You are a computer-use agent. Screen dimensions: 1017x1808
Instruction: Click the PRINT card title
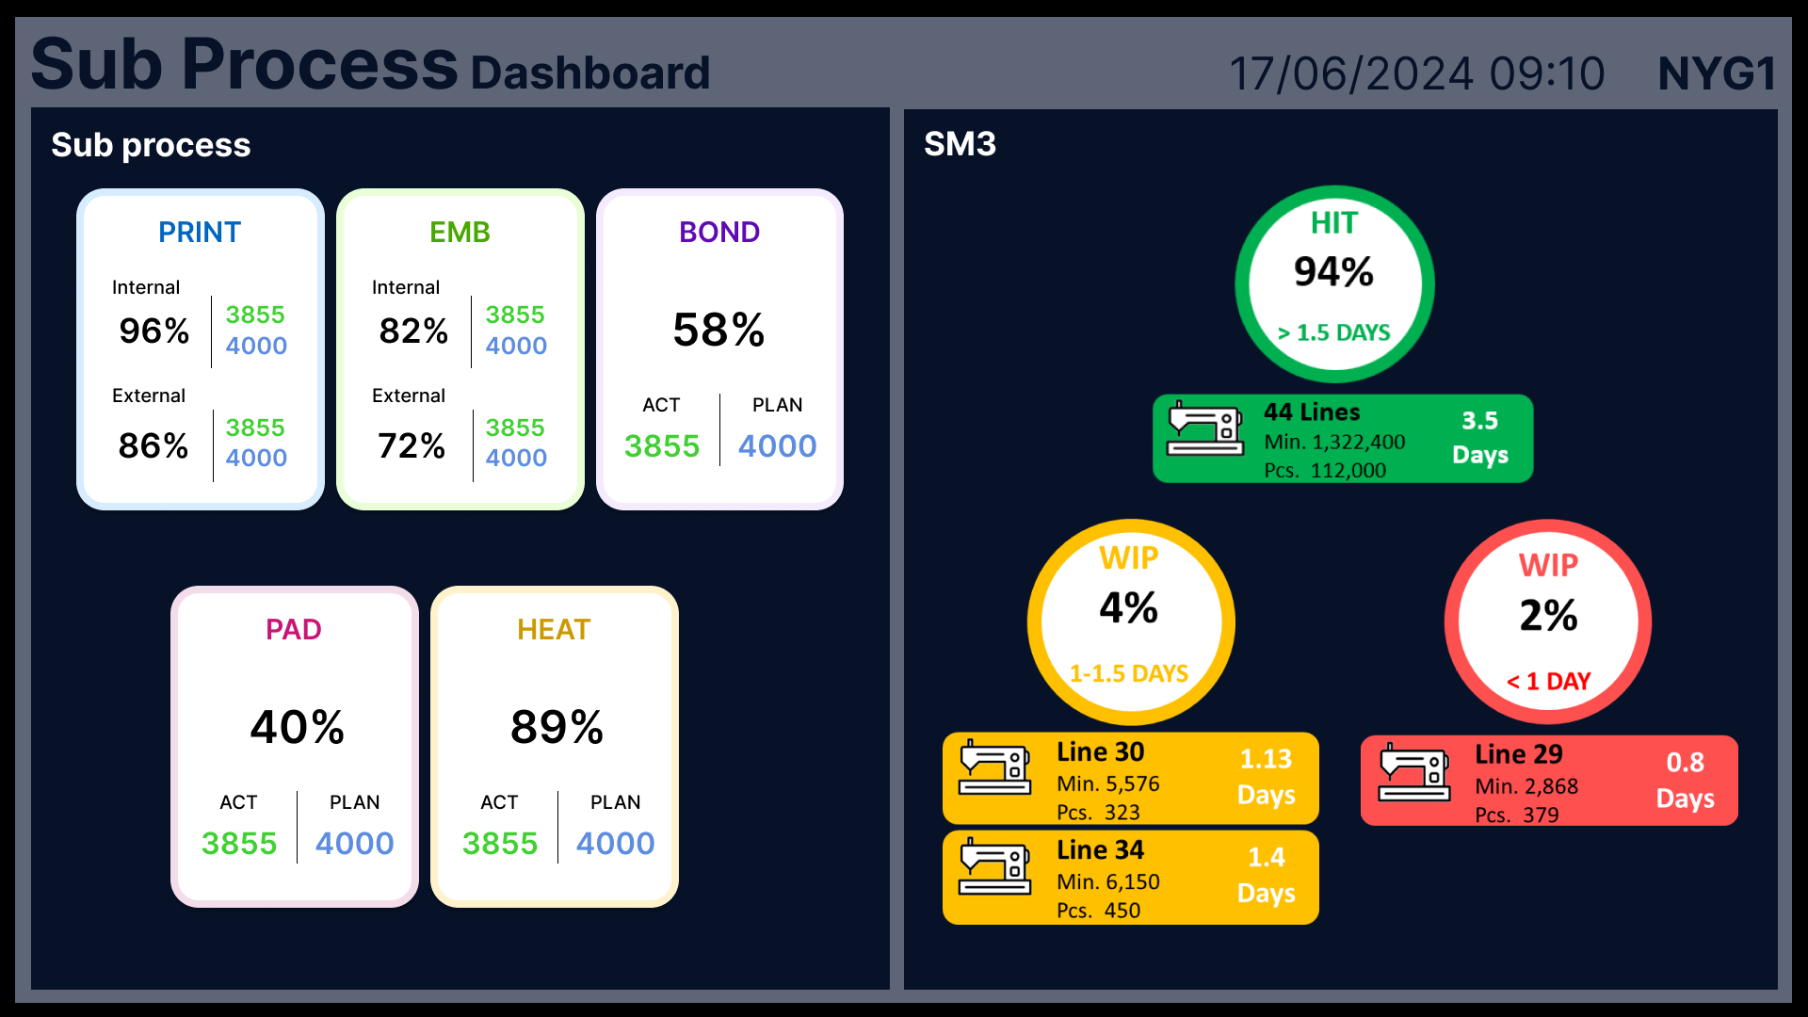point(200,232)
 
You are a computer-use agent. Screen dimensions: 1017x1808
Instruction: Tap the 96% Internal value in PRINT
point(154,331)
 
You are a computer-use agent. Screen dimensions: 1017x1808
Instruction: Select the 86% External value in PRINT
point(153,445)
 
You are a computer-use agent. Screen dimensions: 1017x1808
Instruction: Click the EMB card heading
point(460,232)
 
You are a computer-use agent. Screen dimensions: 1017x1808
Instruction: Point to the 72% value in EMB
point(412,445)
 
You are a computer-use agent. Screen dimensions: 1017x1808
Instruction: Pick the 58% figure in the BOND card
point(718,330)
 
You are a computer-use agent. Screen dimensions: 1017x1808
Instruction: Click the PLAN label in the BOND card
point(777,405)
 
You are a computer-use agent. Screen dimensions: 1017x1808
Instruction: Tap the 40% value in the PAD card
point(298,727)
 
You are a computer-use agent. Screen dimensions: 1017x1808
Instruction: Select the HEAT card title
point(554,629)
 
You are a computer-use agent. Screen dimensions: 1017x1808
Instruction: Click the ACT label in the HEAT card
point(499,802)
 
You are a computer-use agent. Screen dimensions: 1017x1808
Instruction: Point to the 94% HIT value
point(1333,272)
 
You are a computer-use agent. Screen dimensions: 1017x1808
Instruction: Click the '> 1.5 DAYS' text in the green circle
point(1333,332)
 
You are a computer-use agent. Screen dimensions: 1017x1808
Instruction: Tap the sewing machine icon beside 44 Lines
point(1205,429)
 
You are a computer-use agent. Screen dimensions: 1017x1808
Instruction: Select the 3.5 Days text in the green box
point(1479,438)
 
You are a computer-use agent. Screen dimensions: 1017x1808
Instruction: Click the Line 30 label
point(1100,751)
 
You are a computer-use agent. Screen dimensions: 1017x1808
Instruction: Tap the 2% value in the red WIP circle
point(1548,616)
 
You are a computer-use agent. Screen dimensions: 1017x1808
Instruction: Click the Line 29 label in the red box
point(1518,754)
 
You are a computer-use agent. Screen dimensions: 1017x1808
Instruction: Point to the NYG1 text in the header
point(1717,73)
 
